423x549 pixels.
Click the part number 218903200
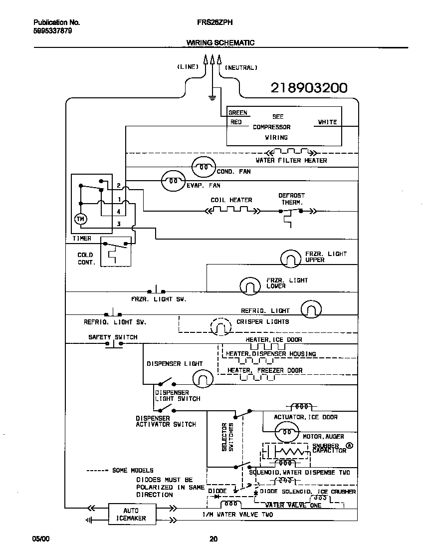309,88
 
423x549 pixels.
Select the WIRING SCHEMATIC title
220,43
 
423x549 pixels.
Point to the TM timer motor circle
80,219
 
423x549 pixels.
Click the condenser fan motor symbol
203,167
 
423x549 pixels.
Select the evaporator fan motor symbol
173,181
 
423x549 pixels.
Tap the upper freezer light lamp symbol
291,258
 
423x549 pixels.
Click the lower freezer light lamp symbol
250,285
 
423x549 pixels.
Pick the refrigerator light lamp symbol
312,309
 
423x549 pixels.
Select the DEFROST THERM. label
291,199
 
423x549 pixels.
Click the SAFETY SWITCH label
113,337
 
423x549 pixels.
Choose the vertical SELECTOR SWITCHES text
227,437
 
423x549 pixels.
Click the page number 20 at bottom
213,539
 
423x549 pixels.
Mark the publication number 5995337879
52,30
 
